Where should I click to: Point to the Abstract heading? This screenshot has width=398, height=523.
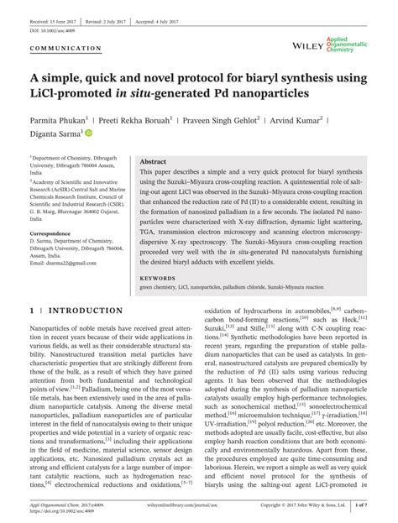click(x=154, y=160)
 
